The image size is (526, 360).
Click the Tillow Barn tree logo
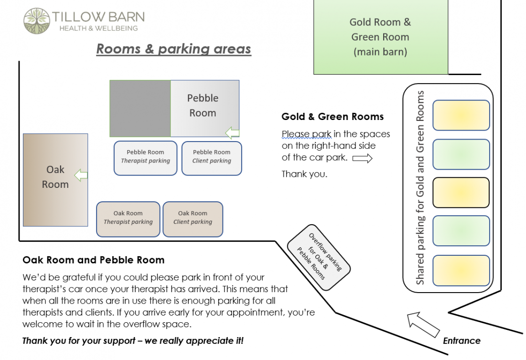[37, 21]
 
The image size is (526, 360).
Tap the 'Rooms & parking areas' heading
[174, 49]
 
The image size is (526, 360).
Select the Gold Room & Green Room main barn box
[381, 37]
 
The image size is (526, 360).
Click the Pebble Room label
[203, 106]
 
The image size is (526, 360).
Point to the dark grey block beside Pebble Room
[140, 109]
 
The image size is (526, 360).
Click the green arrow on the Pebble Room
[232, 132]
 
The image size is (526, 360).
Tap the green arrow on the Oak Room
[81, 175]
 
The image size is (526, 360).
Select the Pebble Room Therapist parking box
[146, 158]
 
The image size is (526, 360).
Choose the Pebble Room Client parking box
[212, 158]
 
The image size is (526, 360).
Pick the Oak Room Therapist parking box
[128, 219]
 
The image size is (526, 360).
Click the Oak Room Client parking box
[193, 219]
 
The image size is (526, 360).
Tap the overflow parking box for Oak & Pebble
[319, 257]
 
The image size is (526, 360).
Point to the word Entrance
[462, 341]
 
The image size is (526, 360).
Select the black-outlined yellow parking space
[461, 192]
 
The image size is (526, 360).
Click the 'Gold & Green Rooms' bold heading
[333, 117]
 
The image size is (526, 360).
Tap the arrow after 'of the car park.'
[362, 158]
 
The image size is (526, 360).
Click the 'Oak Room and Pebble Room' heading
[94, 260]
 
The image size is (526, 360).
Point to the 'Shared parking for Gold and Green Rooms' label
[420, 188]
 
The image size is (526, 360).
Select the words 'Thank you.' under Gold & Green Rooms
[304, 174]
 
